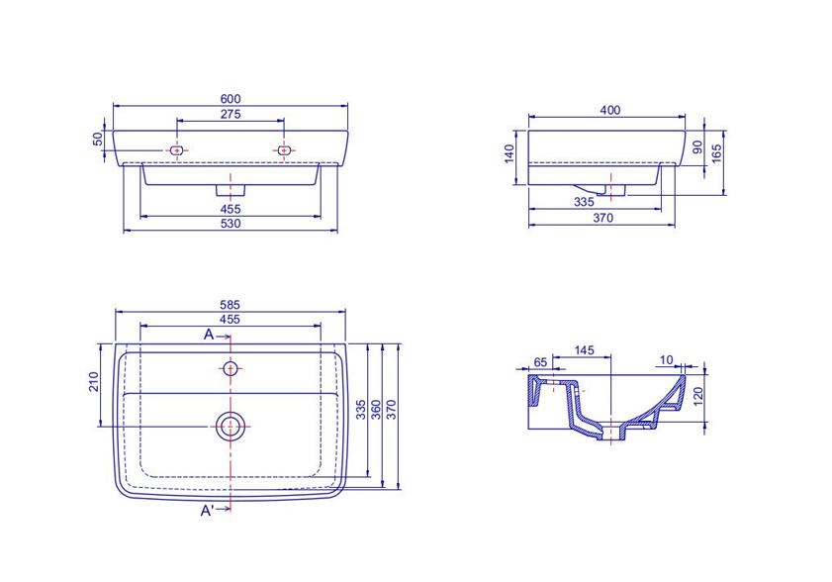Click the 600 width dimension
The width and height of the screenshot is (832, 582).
coord(231,99)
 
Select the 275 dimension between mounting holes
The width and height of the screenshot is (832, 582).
coord(231,114)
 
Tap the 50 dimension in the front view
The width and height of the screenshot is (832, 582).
coord(98,140)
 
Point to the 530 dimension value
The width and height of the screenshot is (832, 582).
coord(231,224)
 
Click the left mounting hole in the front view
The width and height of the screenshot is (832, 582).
coord(177,150)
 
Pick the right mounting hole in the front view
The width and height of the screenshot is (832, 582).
coord(284,150)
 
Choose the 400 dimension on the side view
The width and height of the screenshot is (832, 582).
coord(610,110)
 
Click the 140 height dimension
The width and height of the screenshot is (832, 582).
coord(509,154)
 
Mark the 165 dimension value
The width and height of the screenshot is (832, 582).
coord(717,153)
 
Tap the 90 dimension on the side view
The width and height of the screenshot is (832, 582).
coord(697,146)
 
